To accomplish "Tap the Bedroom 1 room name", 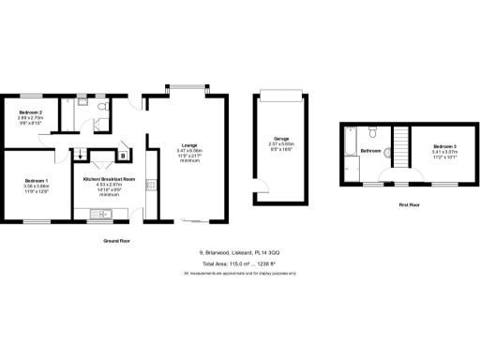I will [37, 180].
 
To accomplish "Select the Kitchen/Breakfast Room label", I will [110, 179].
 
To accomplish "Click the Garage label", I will [280, 138].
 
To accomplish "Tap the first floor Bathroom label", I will [370, 150].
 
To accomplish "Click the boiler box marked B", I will [123, 157].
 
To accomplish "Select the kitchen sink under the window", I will [97, 217].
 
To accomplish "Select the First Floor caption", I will [409, 203].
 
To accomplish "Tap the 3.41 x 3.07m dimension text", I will [444, 153].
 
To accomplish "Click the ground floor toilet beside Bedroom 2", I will [81, 109].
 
